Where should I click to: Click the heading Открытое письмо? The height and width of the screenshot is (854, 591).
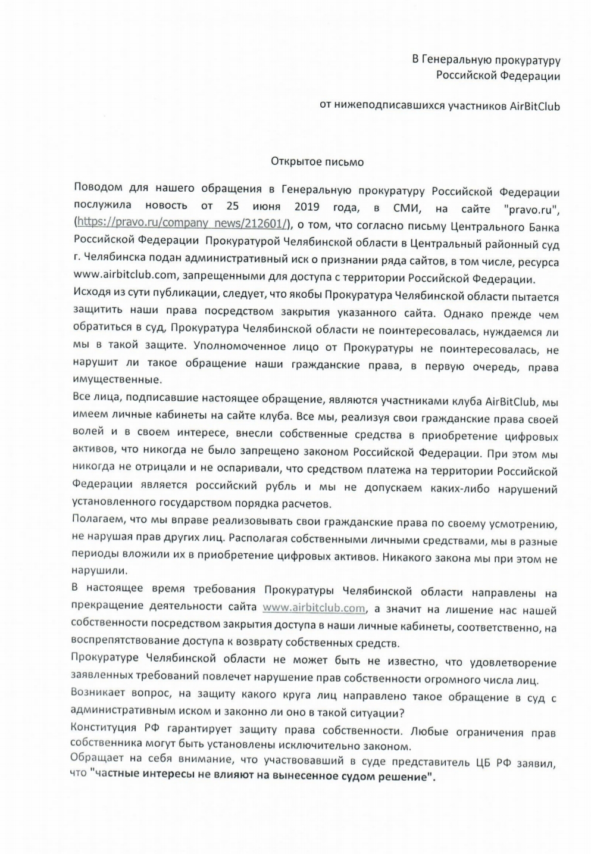317,161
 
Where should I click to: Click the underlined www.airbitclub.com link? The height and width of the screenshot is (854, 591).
314,608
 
